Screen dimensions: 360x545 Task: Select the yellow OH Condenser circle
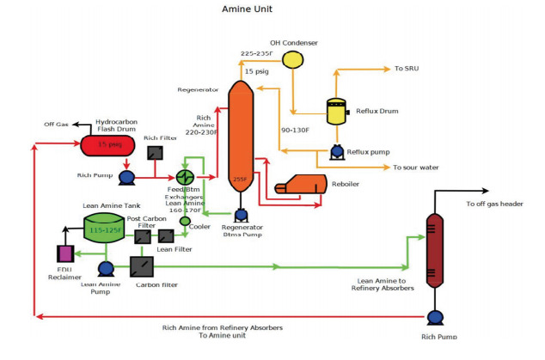click(x=293, y=58)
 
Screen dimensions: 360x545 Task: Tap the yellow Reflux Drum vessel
click(x=338, y=112)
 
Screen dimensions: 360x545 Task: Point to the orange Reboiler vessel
click(x=302, y=185)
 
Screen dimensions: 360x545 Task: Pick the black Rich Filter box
click(x=155, y=153)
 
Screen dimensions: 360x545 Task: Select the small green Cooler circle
click(x=185, y=220)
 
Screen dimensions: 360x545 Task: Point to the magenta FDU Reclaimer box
click(x=63, y=253)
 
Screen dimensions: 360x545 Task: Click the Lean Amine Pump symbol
click(x=106, y=269)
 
